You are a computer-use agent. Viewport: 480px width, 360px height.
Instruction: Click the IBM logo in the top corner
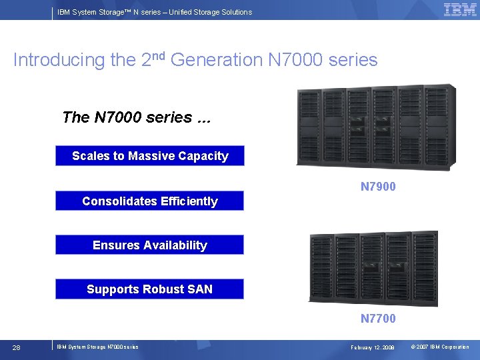(460, 9)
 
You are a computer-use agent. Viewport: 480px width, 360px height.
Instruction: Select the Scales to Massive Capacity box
(150, 156)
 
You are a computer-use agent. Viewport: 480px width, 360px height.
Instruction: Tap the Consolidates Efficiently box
(150, 201)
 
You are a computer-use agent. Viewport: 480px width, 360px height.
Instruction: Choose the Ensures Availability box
(150, 245)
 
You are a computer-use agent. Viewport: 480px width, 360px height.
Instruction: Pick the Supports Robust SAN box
(150, 289)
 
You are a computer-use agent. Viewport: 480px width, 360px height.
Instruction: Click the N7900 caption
(378, 187)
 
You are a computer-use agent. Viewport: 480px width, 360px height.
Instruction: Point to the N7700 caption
(378, 319)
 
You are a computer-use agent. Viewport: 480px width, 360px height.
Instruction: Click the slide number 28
(17, 347)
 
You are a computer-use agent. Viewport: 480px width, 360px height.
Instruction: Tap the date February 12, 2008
(373, 347)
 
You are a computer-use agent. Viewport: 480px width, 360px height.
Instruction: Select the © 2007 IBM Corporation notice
(439, 347)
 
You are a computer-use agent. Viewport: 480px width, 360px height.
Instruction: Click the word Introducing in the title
(59, 60)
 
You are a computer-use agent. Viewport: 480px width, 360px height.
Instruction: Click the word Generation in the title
(217, 60)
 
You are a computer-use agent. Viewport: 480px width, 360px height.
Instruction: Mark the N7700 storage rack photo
(374, 268)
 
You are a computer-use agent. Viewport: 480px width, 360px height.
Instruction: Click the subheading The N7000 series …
(136, 117)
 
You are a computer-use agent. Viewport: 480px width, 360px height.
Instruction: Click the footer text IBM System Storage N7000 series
(97, 347)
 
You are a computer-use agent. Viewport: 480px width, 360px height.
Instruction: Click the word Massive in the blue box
(151, 156)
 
